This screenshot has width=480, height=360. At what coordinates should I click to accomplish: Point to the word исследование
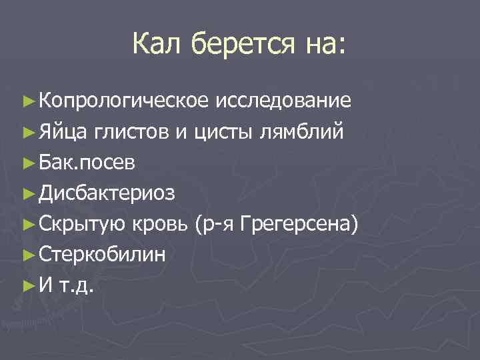coord(283,101)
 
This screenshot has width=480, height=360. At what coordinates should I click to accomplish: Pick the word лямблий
coord(303,132)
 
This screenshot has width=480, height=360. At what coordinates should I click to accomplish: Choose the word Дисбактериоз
coord(107,193)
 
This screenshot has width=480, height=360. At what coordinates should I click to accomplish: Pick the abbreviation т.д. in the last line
coord(77,286)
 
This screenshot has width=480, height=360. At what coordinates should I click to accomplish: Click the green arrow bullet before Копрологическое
coord(28,101)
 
